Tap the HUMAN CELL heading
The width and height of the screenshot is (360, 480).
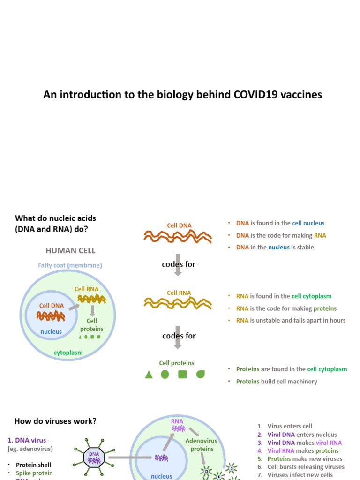[70, 251]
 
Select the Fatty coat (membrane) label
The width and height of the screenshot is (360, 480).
[70, 265]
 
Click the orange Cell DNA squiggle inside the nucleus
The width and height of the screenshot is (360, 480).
[51, 315]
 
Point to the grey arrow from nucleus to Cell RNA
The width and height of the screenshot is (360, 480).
[73, 307]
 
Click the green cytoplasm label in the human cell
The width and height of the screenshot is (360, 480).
[68, 352]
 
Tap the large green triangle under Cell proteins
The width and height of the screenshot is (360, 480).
[149, 375]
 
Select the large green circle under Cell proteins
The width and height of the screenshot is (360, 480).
[165, 375]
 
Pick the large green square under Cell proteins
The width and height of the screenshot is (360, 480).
[183, 375]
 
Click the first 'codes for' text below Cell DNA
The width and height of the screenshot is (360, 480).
[179, 264]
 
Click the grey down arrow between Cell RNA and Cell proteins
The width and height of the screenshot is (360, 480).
[178, 337]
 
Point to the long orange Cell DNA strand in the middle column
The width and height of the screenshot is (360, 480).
[178, 237]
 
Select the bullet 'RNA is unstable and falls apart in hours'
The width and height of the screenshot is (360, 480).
[291, 321]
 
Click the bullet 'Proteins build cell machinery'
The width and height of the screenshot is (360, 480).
[277, 382]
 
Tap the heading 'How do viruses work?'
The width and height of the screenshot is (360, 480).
[55, 421]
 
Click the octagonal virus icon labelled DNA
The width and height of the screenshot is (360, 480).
[94, 457]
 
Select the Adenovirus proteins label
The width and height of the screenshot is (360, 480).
[199, 445]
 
